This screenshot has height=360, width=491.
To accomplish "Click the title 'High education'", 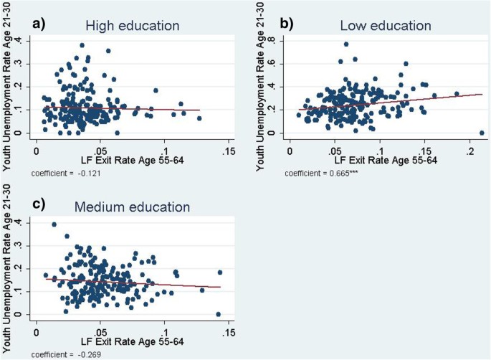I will point(132,26).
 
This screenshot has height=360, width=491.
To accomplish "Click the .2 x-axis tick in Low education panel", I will point(470,152).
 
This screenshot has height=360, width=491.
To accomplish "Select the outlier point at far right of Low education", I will point(482,133).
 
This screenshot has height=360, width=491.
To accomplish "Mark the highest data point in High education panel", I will point(82,45).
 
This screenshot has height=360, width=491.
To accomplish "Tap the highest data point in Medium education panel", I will point(54,224).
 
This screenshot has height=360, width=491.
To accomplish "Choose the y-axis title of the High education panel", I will point(8,86).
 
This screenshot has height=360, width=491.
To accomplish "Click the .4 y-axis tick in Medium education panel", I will point(27,223).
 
